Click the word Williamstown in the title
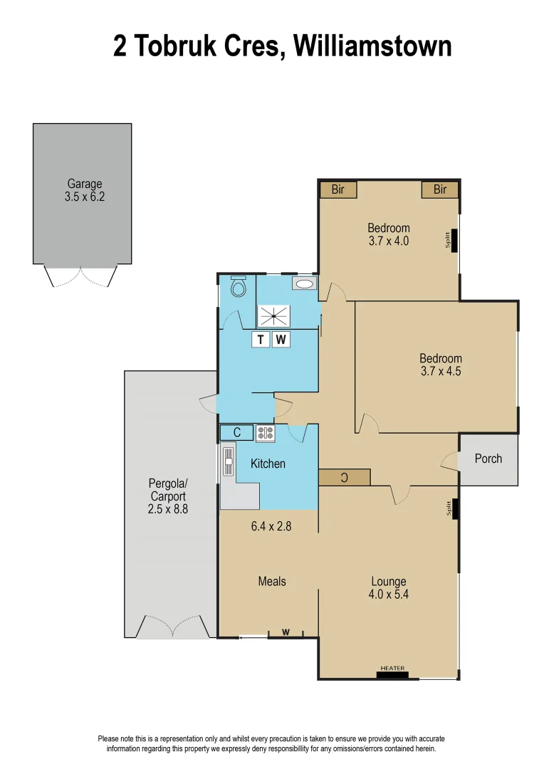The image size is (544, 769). (x=372, y=46)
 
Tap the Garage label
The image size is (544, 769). (x=84, y=184)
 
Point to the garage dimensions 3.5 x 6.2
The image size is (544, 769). (x=84, y=197)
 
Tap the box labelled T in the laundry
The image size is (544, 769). (x=261, y=340)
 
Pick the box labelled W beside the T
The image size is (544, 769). (x=281, y=340)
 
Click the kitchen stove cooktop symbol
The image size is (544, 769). (x=266, y=433)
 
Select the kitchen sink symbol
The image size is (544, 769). (x=229, y=461)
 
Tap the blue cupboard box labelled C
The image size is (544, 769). (x=237, y=432)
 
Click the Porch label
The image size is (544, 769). (x=488, y=459)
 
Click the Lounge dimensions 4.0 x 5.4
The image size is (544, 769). (x=389, y=594)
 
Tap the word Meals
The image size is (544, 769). (x=272, y=581)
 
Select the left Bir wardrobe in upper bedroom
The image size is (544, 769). (x=338, y=189)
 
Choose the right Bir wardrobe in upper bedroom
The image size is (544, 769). (x=439, y=189)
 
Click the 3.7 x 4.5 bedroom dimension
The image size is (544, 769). (x=440, y=371)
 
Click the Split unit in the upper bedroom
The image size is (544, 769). (x=453, y=240)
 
